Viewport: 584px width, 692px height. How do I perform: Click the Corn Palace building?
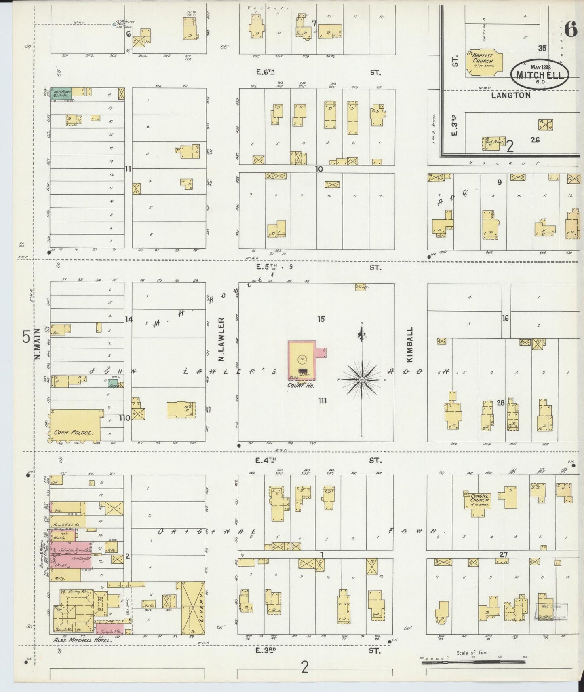tap(75, 425)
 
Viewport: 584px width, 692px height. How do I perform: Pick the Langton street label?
tap(511, 95)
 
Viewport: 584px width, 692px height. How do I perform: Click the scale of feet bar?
tap(473, 662)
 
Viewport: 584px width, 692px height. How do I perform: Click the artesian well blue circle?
tap(115, 24)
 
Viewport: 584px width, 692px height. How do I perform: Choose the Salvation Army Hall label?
tap(76, 550)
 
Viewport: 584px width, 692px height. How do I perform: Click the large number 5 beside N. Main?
tap(26, 337)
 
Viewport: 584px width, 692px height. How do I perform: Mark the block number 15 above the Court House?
tap(321, 319)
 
